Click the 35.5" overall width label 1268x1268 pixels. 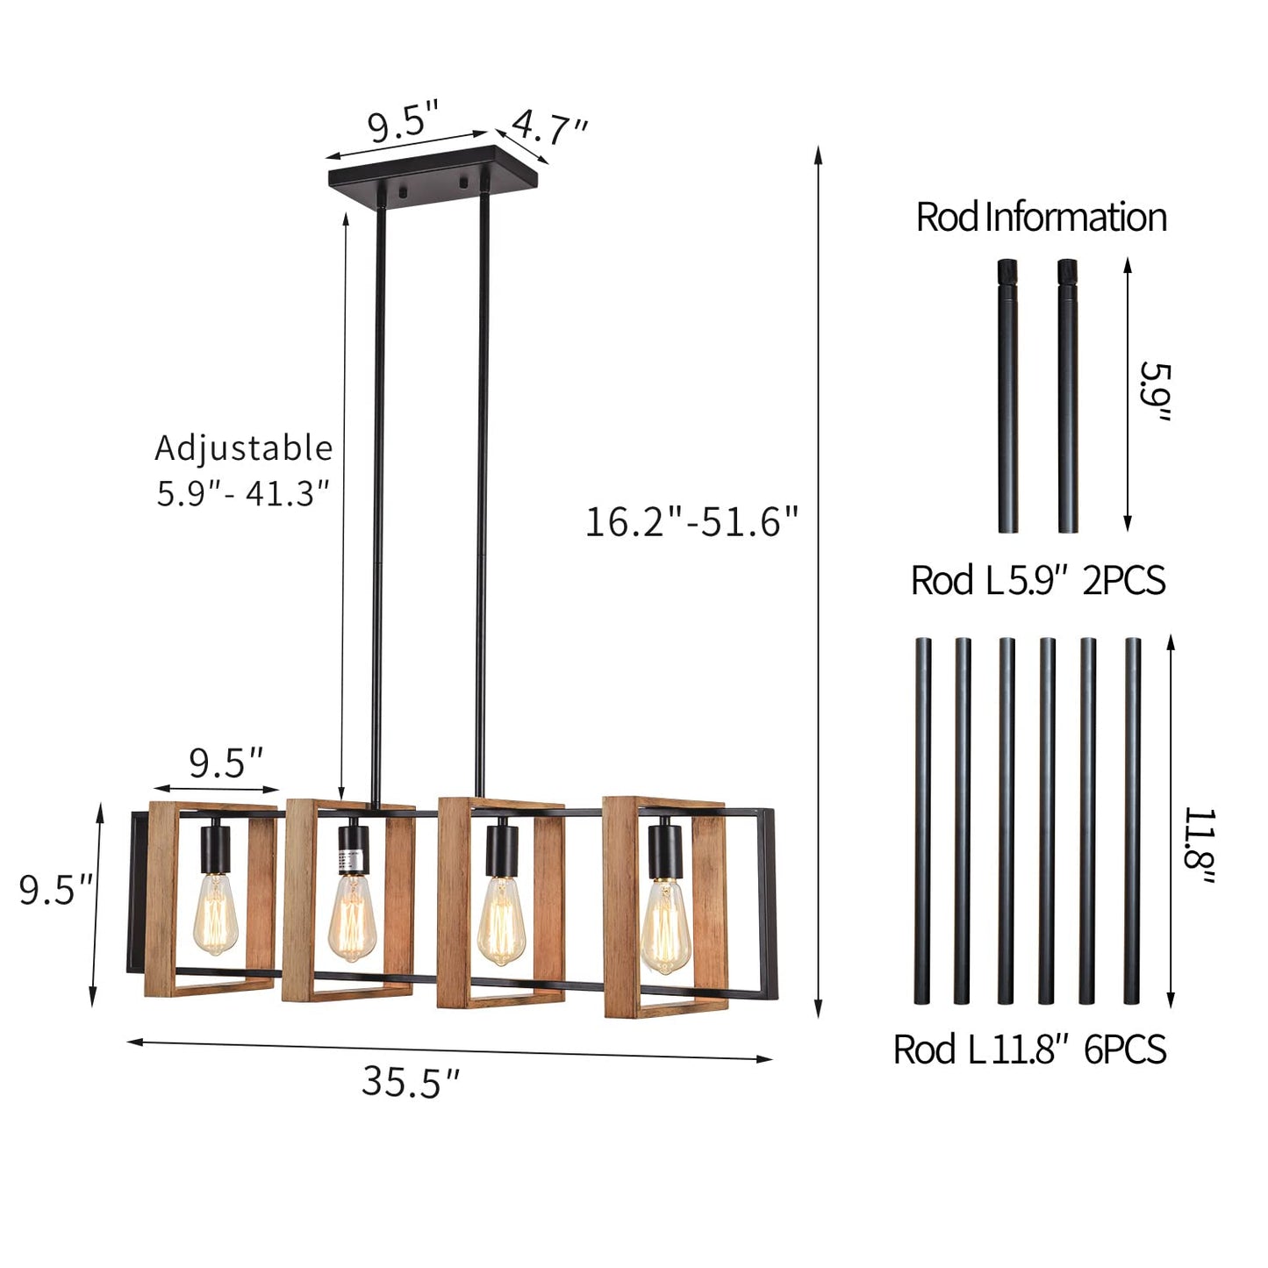[x=411, y=1082]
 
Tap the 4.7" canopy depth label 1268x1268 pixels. [x=550, y=128]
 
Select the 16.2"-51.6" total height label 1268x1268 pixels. [x=691, y=522]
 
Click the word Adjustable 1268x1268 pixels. [x=244, y=448]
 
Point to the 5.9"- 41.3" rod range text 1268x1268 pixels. [x=244, y=494]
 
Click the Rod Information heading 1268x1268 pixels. [x=1041, y=218]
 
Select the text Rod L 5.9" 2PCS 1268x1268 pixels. [x=1038, y=581]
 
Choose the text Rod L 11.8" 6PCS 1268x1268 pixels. [x=1029, y=1050]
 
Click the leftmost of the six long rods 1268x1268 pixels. [x=922, y=820]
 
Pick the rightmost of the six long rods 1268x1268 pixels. [x=1132, y=820]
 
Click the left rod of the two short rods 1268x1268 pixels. [x=1008, y=396]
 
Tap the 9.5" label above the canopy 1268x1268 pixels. [x=403, y=124]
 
